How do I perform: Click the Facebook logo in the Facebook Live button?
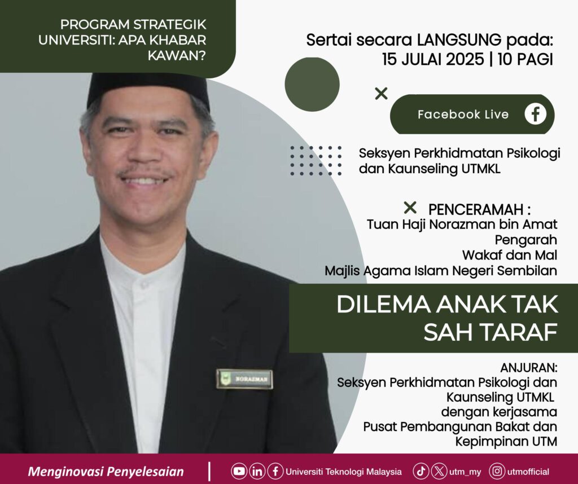pyautogui.click(x=535, y=114)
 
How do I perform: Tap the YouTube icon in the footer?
pyautogui.click(x=239, y=471)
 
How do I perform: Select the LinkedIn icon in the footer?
pyautogui.click(x=257, y=471)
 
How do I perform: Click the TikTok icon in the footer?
pyautogui.click(x=421, y=471)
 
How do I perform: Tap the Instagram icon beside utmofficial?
pyautogui.click(x=497, y=471)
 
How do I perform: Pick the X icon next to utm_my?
pyautogui.click(x=439, y=471)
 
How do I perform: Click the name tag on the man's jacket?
pyautogui.click(x=244, y=379)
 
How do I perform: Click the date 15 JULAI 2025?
pyautogui.click(x=433, y=59)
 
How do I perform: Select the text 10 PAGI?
pyautogui.click(x=526, y=59)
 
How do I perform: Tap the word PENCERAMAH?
pyautogui.click(x=476, y=210)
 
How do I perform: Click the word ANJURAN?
pyautogui.click(x=528, y=368)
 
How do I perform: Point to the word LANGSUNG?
pyautogui.click(x=459, y=40)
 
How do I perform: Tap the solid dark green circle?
pyautogui.click(x=312, y=85)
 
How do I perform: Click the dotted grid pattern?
pyautogui.click(x=316, y=161)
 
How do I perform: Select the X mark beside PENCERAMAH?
pyautogui.click(x=410, y=208)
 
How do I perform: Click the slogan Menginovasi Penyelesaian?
pyautogui.click(x=106, y=472)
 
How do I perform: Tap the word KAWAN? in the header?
pyautogui.click(x=177, y=56)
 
